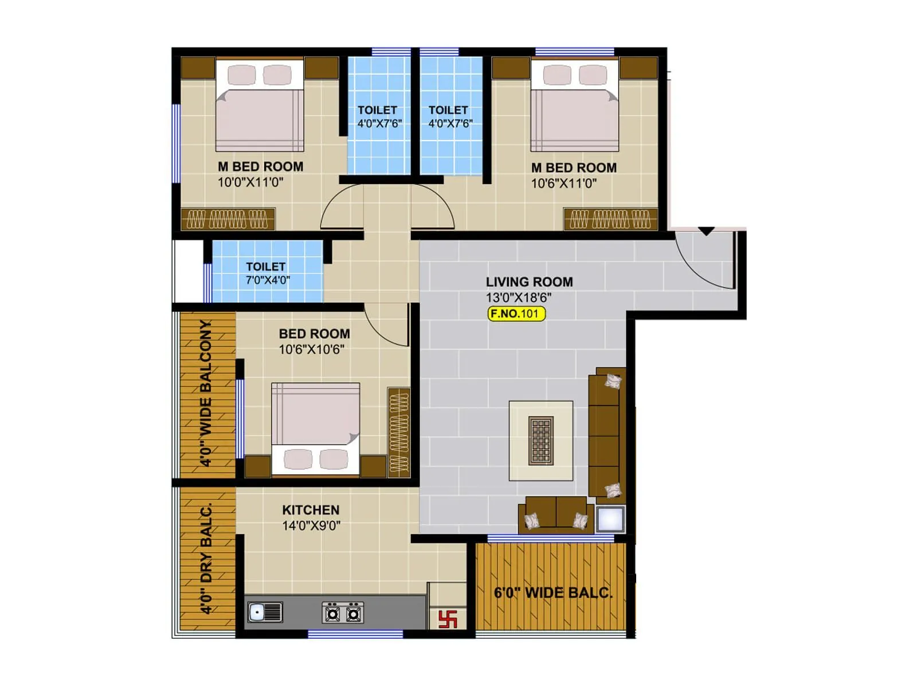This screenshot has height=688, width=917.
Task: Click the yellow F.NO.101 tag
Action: point(516,314)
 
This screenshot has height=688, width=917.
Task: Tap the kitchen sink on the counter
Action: point(265,612)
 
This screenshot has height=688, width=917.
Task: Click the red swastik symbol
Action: point(448,619)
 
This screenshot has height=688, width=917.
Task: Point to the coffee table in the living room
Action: point(540,440)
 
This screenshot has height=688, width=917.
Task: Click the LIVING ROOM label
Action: point(529,282)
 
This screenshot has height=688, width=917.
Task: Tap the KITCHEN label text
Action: point(311,510)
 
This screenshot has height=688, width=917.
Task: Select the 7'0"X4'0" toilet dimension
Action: point(268,280)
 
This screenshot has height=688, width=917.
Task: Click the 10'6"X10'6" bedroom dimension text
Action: point(311,349)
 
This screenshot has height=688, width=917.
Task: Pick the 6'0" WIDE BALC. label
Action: point(553,593)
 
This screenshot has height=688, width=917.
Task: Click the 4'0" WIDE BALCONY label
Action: point(205,393)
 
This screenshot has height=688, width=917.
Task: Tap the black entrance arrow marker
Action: point(706,231)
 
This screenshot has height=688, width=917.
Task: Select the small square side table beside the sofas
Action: point(610,519)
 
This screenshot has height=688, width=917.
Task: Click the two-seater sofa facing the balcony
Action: point(556,514)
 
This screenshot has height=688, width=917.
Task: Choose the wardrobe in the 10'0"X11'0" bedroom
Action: point(228,219)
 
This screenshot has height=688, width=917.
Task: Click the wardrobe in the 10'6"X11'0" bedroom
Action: point(610,219)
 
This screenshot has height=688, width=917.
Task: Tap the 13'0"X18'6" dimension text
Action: point(519,298)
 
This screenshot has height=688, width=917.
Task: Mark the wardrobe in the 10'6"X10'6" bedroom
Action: point(399,432)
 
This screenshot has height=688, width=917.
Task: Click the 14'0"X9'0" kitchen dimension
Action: point(311,526)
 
